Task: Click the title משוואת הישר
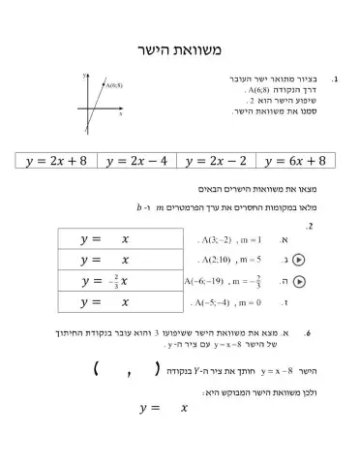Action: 180,49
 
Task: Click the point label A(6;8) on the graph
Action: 113,85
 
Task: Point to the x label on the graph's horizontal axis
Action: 121,113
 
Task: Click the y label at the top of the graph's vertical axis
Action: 84,75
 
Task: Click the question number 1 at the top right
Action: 334,77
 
